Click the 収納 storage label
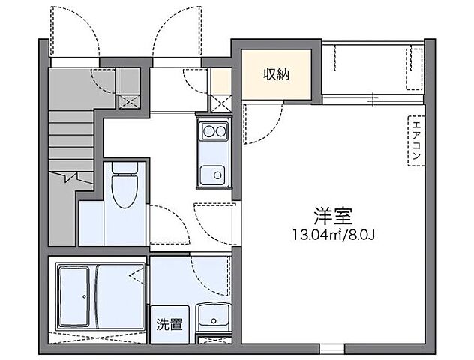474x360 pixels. coord(277,73)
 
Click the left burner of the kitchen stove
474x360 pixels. coord(206,132)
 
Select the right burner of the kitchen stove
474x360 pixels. coord(220,132)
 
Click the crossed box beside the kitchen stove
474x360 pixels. coord(220,103)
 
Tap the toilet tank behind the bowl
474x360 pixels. coord(121,169)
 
